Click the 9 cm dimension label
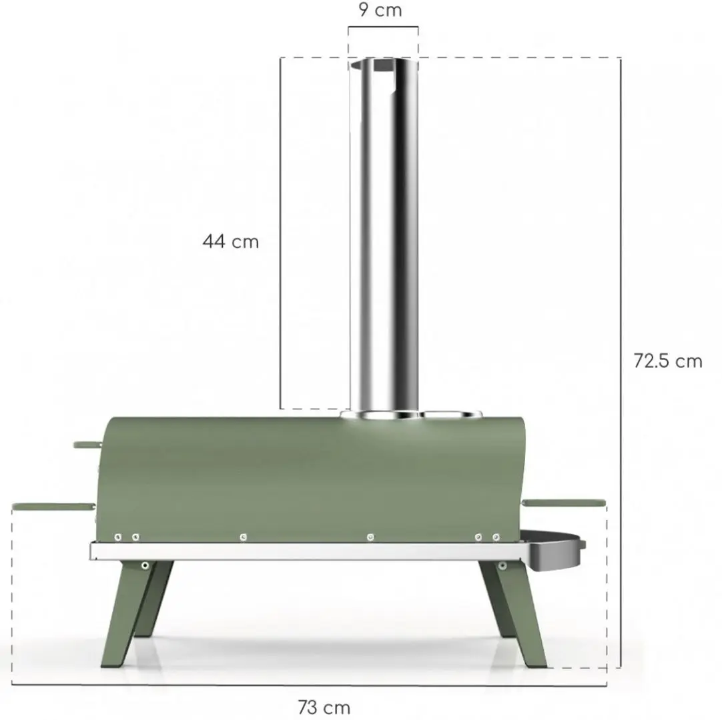pyautogui.click(x=380, y=10)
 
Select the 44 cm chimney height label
pyautogui.click(x=231, y=241)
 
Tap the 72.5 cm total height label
pyautogui.click(x=668, y=361)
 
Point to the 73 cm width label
pyautogui.click(x=324, y=707)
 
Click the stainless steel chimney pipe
pyautogui.click(x=384, y=235)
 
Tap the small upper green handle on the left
pyautogui.click(x=88, y=445)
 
